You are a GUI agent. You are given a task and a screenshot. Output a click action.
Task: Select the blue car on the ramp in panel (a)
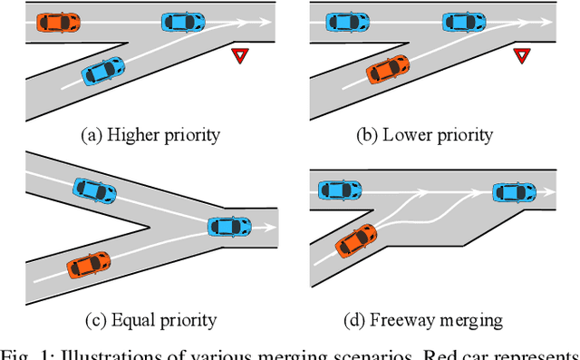[102, 70]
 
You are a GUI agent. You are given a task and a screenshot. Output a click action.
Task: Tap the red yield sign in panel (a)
[239, 56]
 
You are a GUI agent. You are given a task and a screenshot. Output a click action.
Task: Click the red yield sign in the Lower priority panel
[520, 56]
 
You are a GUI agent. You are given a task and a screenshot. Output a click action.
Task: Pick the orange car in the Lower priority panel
[386, 69]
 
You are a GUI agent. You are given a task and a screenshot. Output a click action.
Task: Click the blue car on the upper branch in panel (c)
[95, 190]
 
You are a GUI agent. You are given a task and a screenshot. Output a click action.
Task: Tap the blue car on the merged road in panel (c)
[229, 226]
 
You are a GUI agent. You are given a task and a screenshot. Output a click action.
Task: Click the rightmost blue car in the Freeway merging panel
[514, 191]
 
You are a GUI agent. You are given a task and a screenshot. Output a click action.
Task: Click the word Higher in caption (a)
[132, 136]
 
